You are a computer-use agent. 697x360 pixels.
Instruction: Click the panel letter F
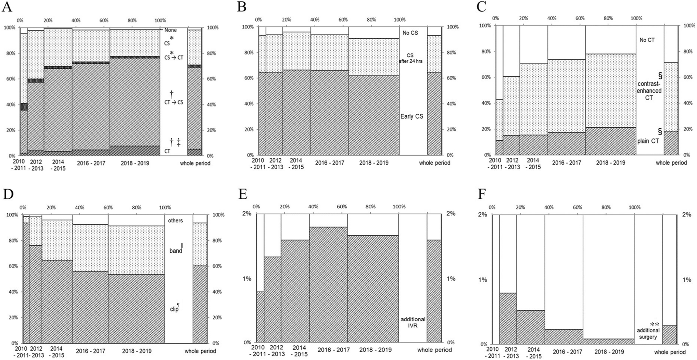(x=482, y=194)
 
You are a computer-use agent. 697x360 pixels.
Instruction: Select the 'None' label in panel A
(x=170, y=30)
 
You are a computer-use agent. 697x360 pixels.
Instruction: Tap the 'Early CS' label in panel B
(x=412, y=116)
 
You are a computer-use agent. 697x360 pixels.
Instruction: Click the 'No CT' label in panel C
(x=647, y=40)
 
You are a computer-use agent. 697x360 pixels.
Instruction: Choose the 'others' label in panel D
(x=175, y=221)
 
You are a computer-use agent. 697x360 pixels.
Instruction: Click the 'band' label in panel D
(x=176, y=251)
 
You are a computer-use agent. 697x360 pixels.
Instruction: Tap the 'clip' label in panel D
(x=175, y=310)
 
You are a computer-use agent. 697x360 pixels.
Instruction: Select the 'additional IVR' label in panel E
(x=413, y=322)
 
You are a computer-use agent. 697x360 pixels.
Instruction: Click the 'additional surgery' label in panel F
(x=648, y=333)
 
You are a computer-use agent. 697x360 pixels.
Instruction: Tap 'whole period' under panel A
(x=195, y=163)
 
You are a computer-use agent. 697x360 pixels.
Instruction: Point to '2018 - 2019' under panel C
(x=610, y=163)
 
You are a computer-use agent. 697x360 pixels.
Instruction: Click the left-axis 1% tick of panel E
(x=246, y=279)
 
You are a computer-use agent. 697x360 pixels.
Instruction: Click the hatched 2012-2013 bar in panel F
(x=508, y=318)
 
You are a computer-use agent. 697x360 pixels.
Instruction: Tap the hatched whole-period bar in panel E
(x=434, y=291)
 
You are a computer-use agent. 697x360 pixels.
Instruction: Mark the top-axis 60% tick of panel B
(x=343, y=20)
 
